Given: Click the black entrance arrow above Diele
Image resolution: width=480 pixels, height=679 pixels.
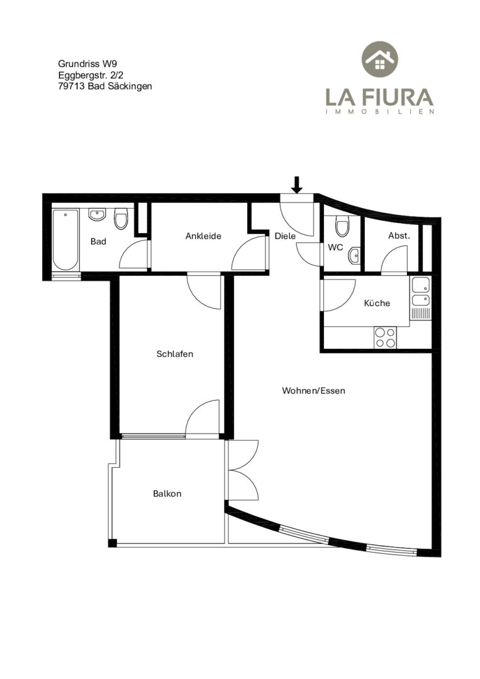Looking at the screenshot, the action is click(297, 184).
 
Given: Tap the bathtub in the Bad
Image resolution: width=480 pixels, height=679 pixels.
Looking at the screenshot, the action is click(66, 240).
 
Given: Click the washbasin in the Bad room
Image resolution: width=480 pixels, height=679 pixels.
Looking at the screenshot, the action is click(98, 214).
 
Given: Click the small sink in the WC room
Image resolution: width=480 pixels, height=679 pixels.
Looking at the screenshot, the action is click(354, 256).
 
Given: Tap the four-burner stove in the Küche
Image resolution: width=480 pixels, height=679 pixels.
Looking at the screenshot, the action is click(386, 338).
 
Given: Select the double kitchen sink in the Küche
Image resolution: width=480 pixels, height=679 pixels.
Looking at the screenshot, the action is click(421, 292).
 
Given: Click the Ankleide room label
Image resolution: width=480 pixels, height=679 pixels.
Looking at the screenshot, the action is click(203, 236).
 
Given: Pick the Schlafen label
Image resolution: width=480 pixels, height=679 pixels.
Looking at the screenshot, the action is click(175, 354).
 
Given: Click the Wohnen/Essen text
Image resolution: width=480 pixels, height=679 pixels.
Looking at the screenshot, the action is click(314, 390).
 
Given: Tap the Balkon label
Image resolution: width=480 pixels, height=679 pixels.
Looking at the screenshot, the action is click(167, 494).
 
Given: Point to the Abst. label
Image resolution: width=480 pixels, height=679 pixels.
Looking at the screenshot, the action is click(399, 236).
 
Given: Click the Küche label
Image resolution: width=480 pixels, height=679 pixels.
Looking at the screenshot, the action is click(377, 303).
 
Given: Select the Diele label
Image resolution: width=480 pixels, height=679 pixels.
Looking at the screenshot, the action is click(285, 236).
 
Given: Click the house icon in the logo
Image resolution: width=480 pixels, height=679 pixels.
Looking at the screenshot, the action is click(380, 59).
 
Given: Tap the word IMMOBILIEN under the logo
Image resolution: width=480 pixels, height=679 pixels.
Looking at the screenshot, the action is click(380, 112).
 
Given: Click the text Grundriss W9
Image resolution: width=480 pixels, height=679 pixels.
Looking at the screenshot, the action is click(87, 63).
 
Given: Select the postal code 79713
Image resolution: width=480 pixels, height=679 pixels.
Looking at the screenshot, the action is click(72, 86).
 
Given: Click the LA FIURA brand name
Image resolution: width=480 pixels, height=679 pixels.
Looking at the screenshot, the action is click(379, 97).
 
